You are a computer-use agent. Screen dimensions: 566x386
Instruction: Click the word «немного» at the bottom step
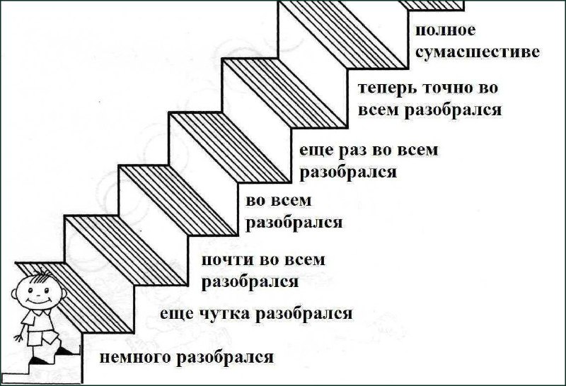coord(136,358)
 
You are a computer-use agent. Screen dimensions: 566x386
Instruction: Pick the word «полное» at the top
coord(446,30)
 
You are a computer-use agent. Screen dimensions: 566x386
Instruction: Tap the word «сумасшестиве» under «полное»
coord(477,52)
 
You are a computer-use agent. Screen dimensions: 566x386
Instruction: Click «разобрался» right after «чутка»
coord(304,313)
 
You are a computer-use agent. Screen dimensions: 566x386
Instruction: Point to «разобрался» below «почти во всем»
coord(250,281)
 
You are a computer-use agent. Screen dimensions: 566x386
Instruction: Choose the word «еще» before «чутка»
coord(177,314)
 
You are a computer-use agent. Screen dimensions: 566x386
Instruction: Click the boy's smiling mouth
coord(37,300)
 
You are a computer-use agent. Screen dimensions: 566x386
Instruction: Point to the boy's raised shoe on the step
coord(64,350)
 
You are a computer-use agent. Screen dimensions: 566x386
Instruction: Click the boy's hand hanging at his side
coord(18,338)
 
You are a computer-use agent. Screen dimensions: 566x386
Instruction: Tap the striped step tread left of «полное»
coord(343,34)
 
